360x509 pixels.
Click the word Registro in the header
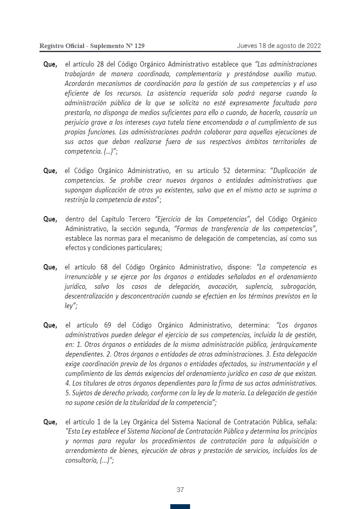click(x=50, y=46)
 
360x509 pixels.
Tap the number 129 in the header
click(x=139, y=46)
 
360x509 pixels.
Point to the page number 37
click(x=180, y=490)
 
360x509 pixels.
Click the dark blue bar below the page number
click(x=180, y=506)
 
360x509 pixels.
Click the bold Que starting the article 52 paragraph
click(x=50, y=171)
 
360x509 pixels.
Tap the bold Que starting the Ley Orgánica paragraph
click(x=50, y=422)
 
